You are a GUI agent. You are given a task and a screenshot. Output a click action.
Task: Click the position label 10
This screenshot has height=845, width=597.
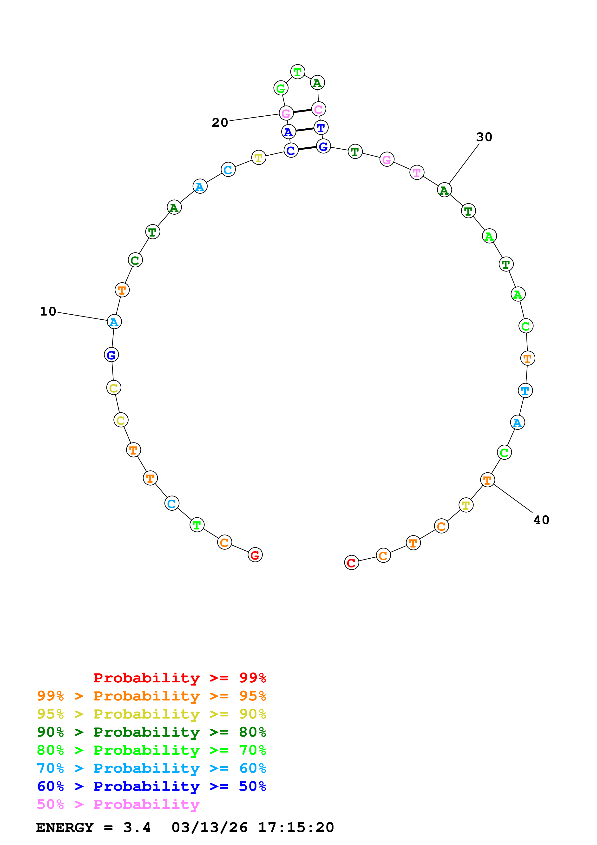coord(48,312)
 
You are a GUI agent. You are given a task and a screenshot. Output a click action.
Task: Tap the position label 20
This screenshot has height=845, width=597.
coord(220,123)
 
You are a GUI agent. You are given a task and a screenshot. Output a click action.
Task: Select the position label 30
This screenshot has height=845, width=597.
coord(484,137)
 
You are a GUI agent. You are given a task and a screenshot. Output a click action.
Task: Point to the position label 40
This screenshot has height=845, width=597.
coord(541,520)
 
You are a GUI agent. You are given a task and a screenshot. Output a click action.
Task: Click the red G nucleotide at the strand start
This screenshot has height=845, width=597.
coord(255,555)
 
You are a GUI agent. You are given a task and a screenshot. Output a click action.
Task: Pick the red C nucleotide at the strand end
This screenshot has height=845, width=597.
coord(351,562)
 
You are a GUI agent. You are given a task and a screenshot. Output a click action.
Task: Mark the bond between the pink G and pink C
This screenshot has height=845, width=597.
coord(302,111)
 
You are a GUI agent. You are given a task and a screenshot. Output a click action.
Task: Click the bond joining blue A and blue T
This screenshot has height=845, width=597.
coord(305,130)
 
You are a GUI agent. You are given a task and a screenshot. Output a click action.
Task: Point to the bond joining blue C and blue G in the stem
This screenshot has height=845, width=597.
coord(307,148)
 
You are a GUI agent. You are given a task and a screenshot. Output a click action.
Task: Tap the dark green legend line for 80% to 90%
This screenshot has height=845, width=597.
coord(151,732)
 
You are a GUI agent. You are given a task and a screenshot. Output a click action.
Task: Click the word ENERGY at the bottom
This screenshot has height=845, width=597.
coord(65,828)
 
